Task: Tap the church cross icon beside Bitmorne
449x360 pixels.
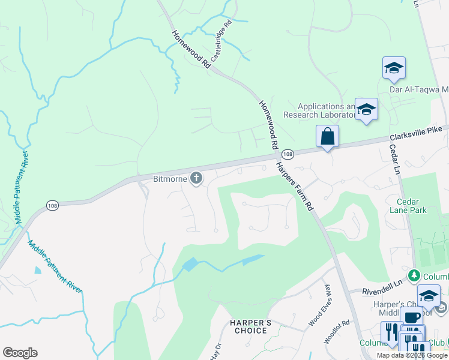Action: click(196, 178)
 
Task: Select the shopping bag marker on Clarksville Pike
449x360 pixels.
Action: click(327, 136)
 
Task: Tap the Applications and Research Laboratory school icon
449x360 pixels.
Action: click(366, 109)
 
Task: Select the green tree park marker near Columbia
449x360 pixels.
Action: click(413, 276)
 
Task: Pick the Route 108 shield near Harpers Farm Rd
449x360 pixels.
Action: click(288, 154)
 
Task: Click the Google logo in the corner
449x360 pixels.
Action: click(20, 353)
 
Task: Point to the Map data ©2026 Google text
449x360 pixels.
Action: click(411, 355)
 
